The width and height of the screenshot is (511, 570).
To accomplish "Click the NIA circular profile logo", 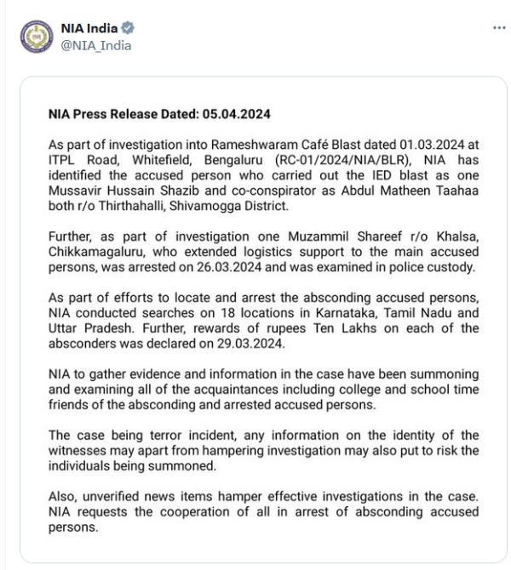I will click(36, 37).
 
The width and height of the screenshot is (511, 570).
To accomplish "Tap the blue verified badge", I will click(128, 28).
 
